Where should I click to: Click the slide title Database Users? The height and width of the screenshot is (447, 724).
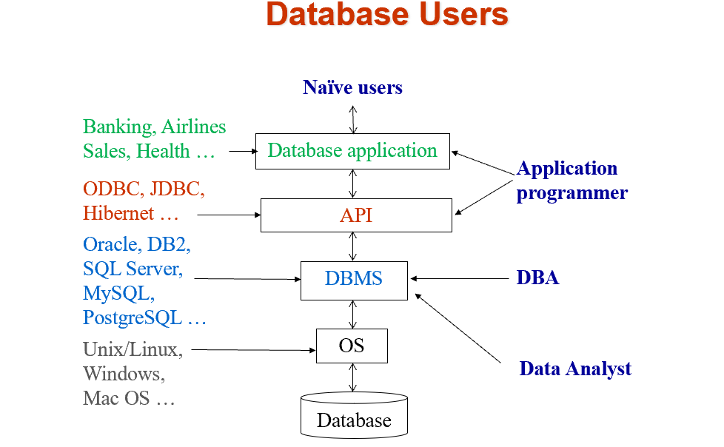click(x=387, y=14)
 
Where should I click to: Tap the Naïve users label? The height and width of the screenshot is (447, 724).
click(x=353, y=87)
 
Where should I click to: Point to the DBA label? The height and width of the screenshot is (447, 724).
click(x=537, y=278)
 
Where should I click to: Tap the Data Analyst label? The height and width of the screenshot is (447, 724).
click(x=575, y=369)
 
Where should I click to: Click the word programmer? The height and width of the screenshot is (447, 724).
click(x=572, y=193)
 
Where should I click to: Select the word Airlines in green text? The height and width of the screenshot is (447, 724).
click(x=194, y=127)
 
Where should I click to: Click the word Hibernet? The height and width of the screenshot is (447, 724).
click(x=118, y=213)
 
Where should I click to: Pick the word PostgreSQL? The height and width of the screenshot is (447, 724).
click(x=133, y=318)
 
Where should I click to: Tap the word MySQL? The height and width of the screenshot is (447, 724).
click(x=118, y=294)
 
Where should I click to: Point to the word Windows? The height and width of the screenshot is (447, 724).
click(x=124, y=374)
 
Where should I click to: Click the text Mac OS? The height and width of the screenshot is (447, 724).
click(x=116, y=398)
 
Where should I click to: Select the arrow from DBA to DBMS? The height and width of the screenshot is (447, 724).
click(x=460, y=278)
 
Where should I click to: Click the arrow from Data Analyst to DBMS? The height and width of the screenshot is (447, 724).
click(x=457, y=328)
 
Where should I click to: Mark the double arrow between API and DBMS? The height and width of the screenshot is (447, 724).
click(x=353, y=246)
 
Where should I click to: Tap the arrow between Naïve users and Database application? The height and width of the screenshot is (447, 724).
click(x=353, y=120)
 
